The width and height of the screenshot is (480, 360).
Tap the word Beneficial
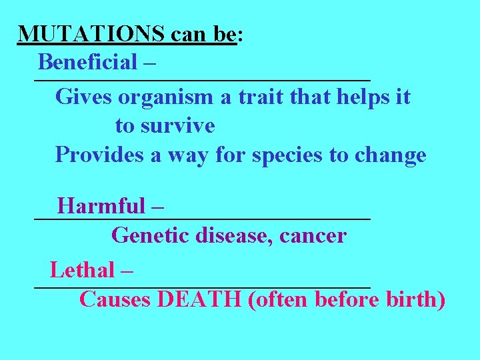click(x=87, y=62)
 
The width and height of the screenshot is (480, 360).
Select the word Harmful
click(x=101, y=206)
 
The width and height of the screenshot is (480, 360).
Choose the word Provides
click(x=94, y=155)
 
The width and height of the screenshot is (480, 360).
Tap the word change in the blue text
click(x=390, y=155)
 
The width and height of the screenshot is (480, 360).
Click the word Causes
click(x=115, y=299)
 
